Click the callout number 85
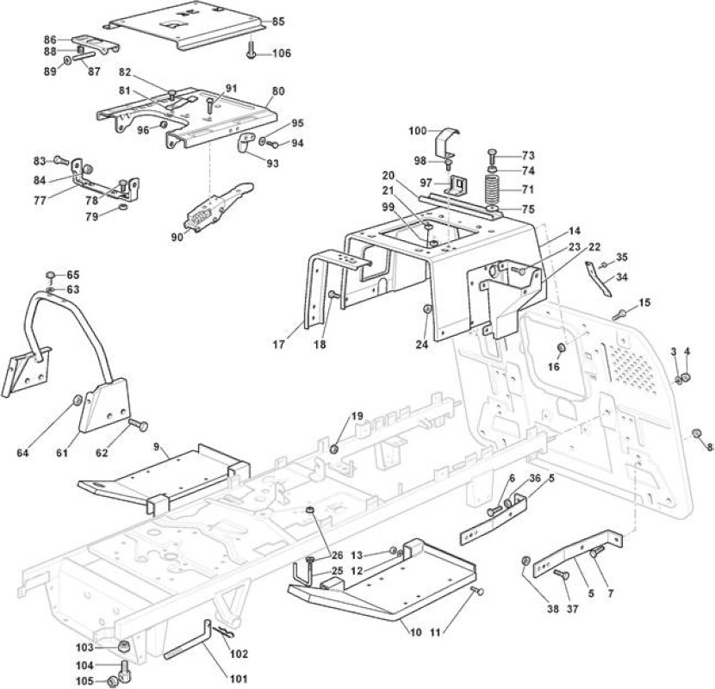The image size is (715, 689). (x=278, y=22)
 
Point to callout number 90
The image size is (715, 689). (x=177, y=237)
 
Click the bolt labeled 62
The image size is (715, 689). (x=138, y=425)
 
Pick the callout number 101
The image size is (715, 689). (x=238, y=679)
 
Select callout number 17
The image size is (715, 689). (x=278, y=344)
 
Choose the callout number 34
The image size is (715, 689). (x=621, y=276)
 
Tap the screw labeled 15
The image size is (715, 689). (x=619, y=314)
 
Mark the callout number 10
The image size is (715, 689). (x=415, y=632)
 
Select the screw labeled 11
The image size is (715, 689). (x=477, y=591)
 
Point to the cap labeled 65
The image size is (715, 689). (x=51, y=275)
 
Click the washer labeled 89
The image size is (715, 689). (x=67, y=60)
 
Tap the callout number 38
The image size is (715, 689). (x=553, y=609)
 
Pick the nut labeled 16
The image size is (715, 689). (x=562, y=349)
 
